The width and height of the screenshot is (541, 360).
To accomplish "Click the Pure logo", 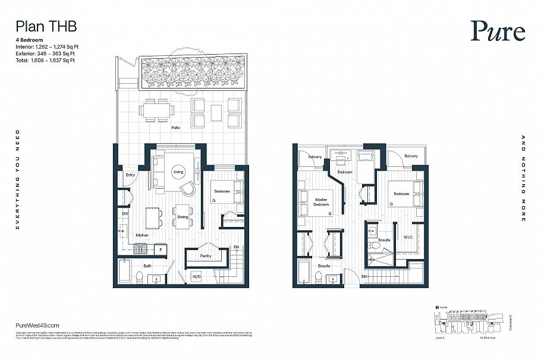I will (x=498, y=31).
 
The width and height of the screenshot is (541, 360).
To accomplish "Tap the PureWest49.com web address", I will (x=36, y=326).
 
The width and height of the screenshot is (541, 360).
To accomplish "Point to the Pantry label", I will (x=206, y=257).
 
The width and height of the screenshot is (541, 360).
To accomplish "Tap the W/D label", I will (x=196, y=277).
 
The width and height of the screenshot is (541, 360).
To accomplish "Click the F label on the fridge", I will (x=161, y=250).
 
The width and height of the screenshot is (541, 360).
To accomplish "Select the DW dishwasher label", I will (x=125, y=213).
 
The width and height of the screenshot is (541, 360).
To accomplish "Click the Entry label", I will (x=130, y=175).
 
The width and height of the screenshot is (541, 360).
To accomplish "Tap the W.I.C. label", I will (x=410, y=237).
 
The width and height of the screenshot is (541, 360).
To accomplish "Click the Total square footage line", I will (x=45, y=60).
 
